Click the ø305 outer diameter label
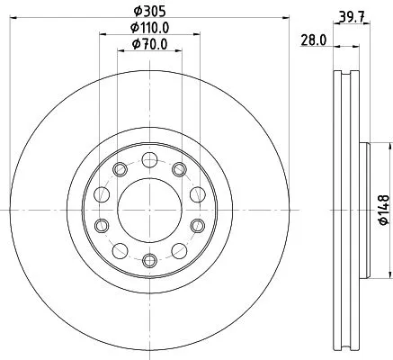147,11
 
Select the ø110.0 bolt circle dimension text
147,28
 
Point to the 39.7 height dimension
349,14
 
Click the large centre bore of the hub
148,210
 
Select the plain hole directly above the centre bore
148,160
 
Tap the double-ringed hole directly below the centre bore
148,260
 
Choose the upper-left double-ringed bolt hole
118,169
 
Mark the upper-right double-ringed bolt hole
178,169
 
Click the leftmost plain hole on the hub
102,194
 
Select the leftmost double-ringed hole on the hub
102,225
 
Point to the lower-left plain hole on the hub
119,250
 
